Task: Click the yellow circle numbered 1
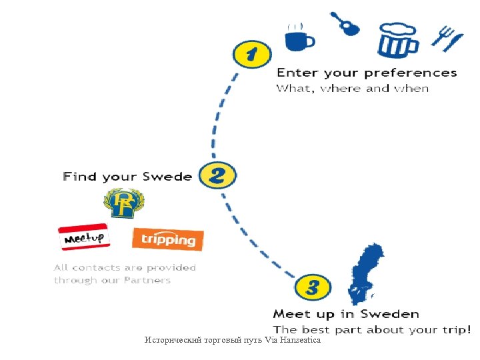250,55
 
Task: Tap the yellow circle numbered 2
217,176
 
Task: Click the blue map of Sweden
365,273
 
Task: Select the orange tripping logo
168,239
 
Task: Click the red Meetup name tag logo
85,237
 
